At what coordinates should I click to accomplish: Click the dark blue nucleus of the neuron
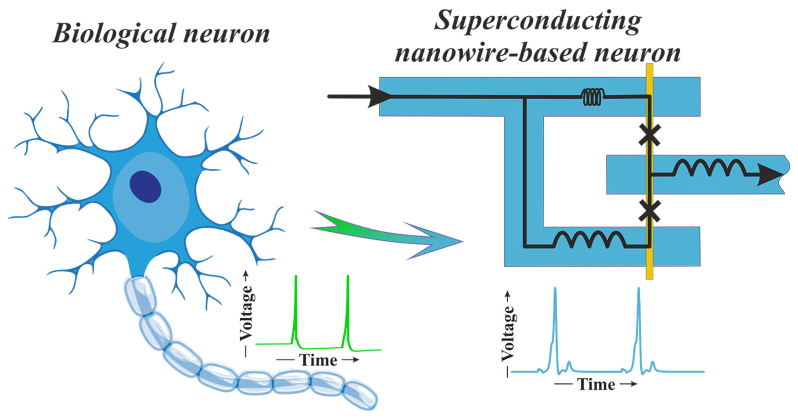pos(145,187)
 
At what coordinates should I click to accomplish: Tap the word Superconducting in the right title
pos(538,21)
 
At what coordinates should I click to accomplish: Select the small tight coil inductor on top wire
pos(592,97)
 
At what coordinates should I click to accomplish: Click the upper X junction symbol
pos(649,135)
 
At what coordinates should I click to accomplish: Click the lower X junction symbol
pos(649,211)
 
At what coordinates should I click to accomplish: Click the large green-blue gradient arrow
pos(386,235)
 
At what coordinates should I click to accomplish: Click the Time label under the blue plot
pos(596,385)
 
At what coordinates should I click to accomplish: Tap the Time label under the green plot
pos(318,360)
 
